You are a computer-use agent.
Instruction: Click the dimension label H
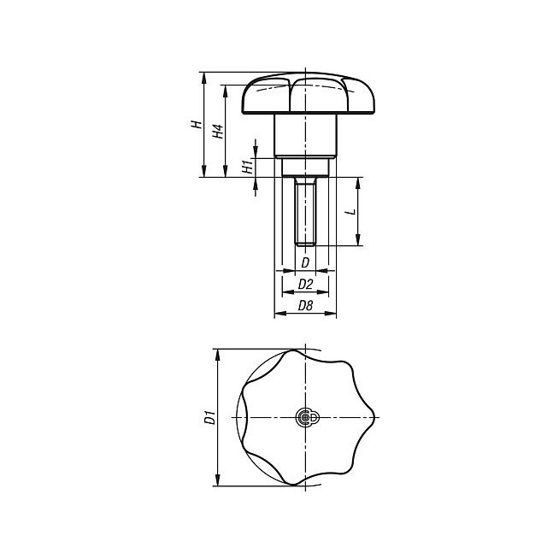coord(197,125)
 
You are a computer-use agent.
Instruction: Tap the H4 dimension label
coord(218,131)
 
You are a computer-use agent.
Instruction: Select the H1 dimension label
coord(247,167)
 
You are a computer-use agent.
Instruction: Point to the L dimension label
coord(351,211)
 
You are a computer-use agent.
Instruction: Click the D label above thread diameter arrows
coord(305,262)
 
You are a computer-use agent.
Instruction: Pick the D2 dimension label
coord(305,284)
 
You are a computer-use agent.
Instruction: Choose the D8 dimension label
coord(305,305)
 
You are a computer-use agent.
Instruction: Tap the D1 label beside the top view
coord(210,417)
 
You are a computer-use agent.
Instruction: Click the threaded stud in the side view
coord(305,211)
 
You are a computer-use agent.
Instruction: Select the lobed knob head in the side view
coord(308,93)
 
